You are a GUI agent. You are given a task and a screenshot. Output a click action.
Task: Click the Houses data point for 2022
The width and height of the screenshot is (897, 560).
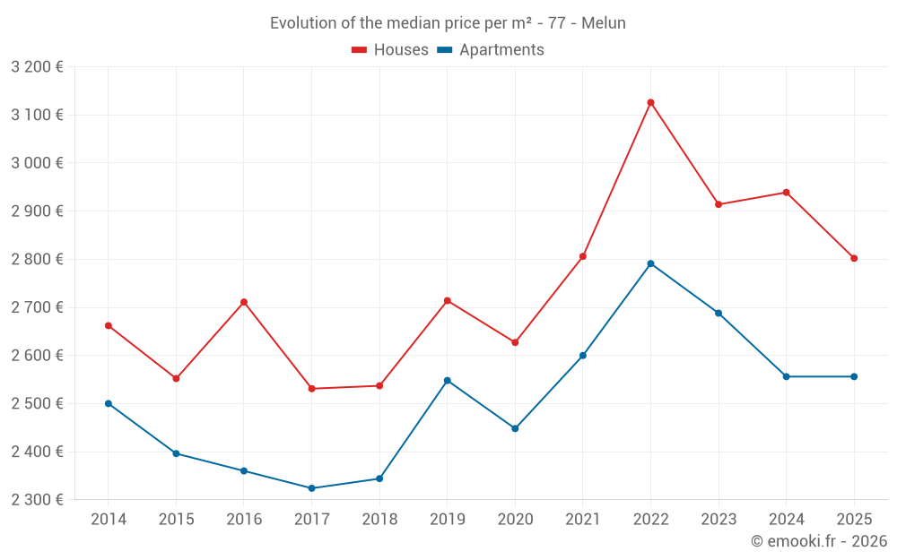650,102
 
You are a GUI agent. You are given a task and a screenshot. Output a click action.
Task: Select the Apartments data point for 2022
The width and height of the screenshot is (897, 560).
650,263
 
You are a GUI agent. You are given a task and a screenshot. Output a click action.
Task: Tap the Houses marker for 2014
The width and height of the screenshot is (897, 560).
109,325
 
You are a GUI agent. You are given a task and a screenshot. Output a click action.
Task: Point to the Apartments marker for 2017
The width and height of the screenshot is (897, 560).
311,488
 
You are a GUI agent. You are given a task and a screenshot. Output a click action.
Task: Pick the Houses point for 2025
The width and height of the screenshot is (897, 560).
854,258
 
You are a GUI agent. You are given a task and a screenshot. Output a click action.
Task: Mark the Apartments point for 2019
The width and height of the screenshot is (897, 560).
448,381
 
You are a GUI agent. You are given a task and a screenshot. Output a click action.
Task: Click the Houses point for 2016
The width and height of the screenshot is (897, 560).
244,302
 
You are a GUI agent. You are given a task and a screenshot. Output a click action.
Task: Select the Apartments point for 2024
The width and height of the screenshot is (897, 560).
786,376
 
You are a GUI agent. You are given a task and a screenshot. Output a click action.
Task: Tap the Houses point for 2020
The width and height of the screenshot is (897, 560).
515,342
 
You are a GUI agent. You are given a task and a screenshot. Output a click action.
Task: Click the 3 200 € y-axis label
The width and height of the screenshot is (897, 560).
38,66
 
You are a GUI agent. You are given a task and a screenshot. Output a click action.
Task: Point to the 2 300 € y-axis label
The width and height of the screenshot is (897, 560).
38,500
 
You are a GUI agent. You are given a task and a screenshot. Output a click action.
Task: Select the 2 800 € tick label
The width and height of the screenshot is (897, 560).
38,259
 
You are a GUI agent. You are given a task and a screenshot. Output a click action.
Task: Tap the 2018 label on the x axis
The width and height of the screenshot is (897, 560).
379,520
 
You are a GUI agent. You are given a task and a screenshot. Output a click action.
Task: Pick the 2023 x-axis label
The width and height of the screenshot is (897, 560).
718,520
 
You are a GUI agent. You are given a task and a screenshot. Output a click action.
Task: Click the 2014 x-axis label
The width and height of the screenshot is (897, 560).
109,520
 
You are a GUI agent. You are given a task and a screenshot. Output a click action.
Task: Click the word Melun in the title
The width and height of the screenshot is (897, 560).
604,23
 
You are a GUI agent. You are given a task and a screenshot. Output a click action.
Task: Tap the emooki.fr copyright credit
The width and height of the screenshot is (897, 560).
818,541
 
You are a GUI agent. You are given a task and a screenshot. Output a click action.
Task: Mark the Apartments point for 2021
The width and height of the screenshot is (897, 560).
583,356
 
